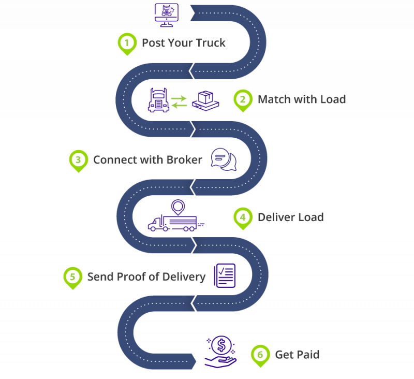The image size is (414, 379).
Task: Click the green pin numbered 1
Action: (x=126, y=43)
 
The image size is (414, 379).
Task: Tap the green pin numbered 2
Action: (x=242, y=99)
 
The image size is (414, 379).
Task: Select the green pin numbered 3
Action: (x=78, y=160)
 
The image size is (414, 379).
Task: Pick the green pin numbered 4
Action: (x=242, y=217)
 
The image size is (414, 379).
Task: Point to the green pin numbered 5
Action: (x=72, y=276)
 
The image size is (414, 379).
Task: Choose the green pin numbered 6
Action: (x=260, y=355)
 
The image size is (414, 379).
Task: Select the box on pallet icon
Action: (x=205, y=100)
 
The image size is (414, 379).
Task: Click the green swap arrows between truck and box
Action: (x=180, y=101)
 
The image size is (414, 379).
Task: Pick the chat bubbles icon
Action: (x=224, y=159)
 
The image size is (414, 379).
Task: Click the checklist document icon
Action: (x=225, y=275)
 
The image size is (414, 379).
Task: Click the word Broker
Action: (x=184, y=159)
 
